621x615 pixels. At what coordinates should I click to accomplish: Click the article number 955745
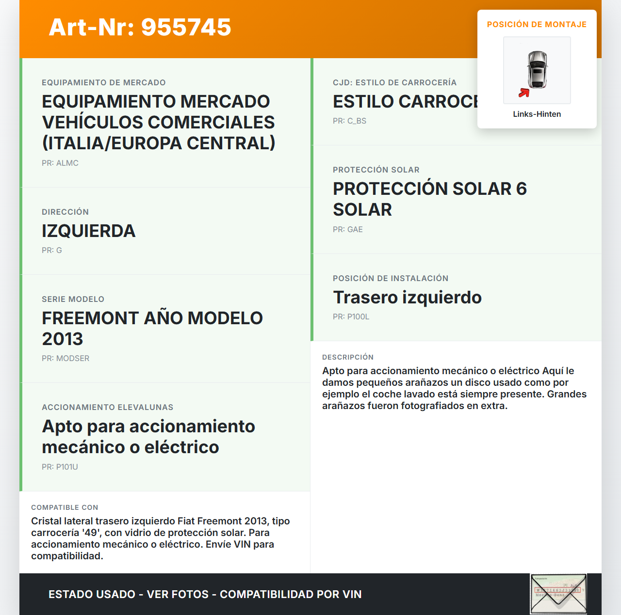tap(186, 27)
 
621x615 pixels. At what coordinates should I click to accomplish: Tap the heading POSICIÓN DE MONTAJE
tap(537, 24)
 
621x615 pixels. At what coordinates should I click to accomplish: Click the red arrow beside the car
tap(523, 93)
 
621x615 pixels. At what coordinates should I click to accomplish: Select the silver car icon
tap(538, 69)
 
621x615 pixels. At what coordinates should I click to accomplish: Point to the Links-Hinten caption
tap(537, 114)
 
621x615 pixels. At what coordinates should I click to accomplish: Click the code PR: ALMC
tap(60, 163)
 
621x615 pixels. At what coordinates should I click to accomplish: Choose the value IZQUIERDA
tap(88, 231)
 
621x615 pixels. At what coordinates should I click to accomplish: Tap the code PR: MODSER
tap(65, 358)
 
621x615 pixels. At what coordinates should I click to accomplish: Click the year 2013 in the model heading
tap(63, 339)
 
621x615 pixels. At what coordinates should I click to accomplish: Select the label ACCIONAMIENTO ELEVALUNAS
tap(107, 407)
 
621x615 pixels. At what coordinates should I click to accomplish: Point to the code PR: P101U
tap(60, 467)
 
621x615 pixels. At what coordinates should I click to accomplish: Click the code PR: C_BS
tap(349, 121)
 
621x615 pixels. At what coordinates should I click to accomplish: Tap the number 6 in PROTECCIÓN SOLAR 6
tap(522, 189)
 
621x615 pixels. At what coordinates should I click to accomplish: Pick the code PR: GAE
tap(347, 229)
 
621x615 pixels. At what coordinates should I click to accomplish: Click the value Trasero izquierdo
tap(407, 297)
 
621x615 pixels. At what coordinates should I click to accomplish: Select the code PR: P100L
tap(351, 316)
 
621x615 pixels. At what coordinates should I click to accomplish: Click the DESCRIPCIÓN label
tap(347, 357)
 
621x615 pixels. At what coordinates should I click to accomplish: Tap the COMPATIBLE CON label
tap(65, 507)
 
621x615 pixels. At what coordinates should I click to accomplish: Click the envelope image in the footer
tap(558, 594)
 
